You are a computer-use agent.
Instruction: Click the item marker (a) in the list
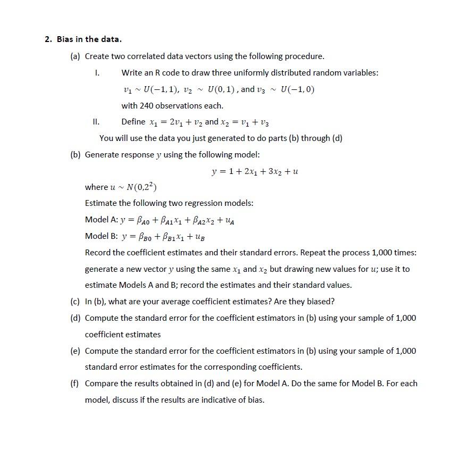click(76, 56)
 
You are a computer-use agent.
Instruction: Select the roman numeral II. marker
click(96, 121)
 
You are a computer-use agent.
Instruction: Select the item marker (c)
click(76, 301)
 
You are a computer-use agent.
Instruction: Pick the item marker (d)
click(76, 318)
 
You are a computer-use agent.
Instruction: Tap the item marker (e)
click(76, 351)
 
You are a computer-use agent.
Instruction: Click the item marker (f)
click(76, 383)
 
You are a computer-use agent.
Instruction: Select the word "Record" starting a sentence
click(98, 252)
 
